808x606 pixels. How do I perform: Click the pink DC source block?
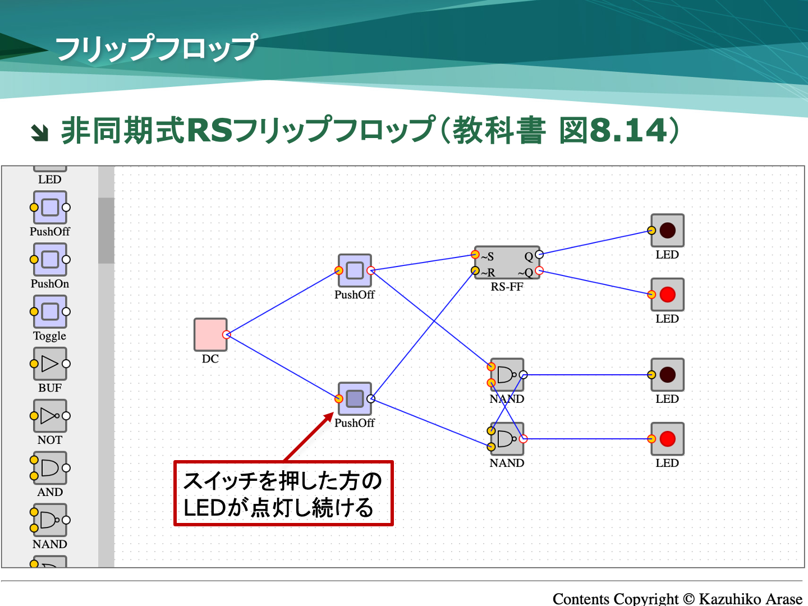click(x=210, y=334)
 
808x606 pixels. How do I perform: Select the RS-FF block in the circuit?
click(x=507, y=263)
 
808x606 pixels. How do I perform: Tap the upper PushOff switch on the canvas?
click(x=355, y=270)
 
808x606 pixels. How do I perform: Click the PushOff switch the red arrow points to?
click(x=355, y=399)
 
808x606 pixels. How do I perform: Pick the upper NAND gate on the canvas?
click(x=507, y=375)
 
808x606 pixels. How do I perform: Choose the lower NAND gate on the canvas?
click(x=507, y=439)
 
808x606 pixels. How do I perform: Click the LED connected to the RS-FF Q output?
click(x=667, y=231)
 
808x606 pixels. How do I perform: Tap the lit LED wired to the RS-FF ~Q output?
click(x=667, y=295)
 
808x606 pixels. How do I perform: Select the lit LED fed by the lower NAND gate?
click(x=667, y=439)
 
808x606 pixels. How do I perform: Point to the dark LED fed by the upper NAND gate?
click(x=667, y=375)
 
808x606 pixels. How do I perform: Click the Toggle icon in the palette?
click(x=50, y=311)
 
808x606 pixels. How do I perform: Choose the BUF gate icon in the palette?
click(x=50, y=364)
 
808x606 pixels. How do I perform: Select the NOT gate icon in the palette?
click(x=50, y=416)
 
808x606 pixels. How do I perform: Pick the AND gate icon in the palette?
click(x=50, y=468)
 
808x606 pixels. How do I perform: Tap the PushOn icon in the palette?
click(x=50, y=259)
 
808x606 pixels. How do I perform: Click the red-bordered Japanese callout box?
click(x=283, y=494)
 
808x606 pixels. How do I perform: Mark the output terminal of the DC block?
click(x=226, y=334)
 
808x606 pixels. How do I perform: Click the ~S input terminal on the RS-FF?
click(x=475, y=255)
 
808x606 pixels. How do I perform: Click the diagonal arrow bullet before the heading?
click(x=40, y=132)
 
